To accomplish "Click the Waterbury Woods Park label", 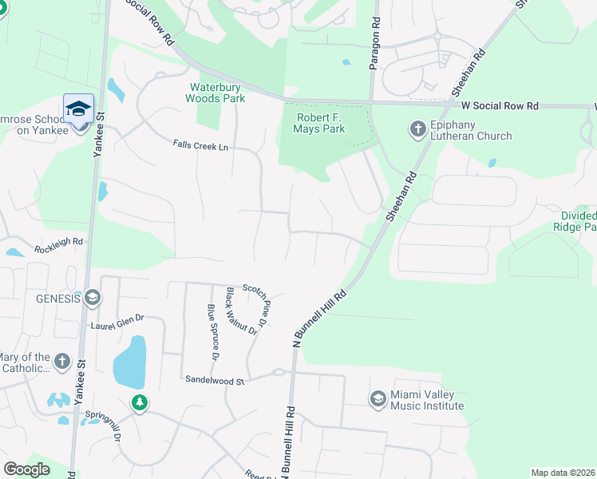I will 215,93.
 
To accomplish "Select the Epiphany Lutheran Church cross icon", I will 417,129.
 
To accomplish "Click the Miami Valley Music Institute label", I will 427,400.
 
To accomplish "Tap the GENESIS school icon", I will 92,299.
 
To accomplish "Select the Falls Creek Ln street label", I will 200,145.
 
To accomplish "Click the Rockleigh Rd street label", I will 58,245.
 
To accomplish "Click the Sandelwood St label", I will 213,381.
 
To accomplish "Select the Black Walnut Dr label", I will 242,311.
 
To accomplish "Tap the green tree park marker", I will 140,402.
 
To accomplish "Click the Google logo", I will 28,469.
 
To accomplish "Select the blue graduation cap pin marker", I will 78,110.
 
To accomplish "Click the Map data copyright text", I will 563,473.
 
